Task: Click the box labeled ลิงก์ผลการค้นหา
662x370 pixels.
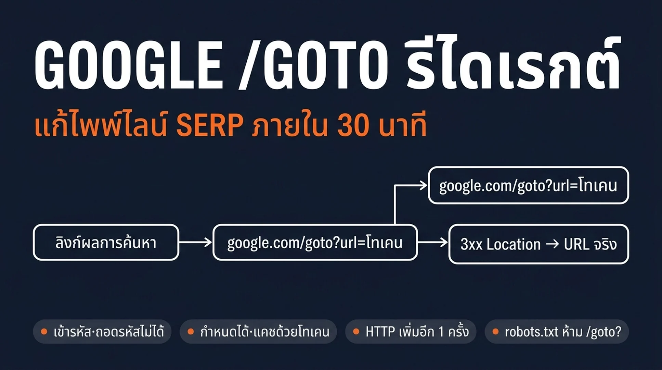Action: (106, 243)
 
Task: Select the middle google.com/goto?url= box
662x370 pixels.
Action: (315, 243)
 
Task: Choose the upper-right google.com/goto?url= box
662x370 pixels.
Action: (529, 185)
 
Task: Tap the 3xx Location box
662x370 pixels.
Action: (538, 244)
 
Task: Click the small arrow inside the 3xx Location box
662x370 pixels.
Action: (552, 244)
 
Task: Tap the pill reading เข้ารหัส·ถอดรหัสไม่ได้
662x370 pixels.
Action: (102, 332)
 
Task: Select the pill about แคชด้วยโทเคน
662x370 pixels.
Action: (258, 332)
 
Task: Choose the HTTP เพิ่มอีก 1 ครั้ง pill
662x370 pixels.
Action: (411, 332)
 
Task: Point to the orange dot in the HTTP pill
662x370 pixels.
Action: (356, 332)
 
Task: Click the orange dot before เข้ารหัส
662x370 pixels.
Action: (44, 332)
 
